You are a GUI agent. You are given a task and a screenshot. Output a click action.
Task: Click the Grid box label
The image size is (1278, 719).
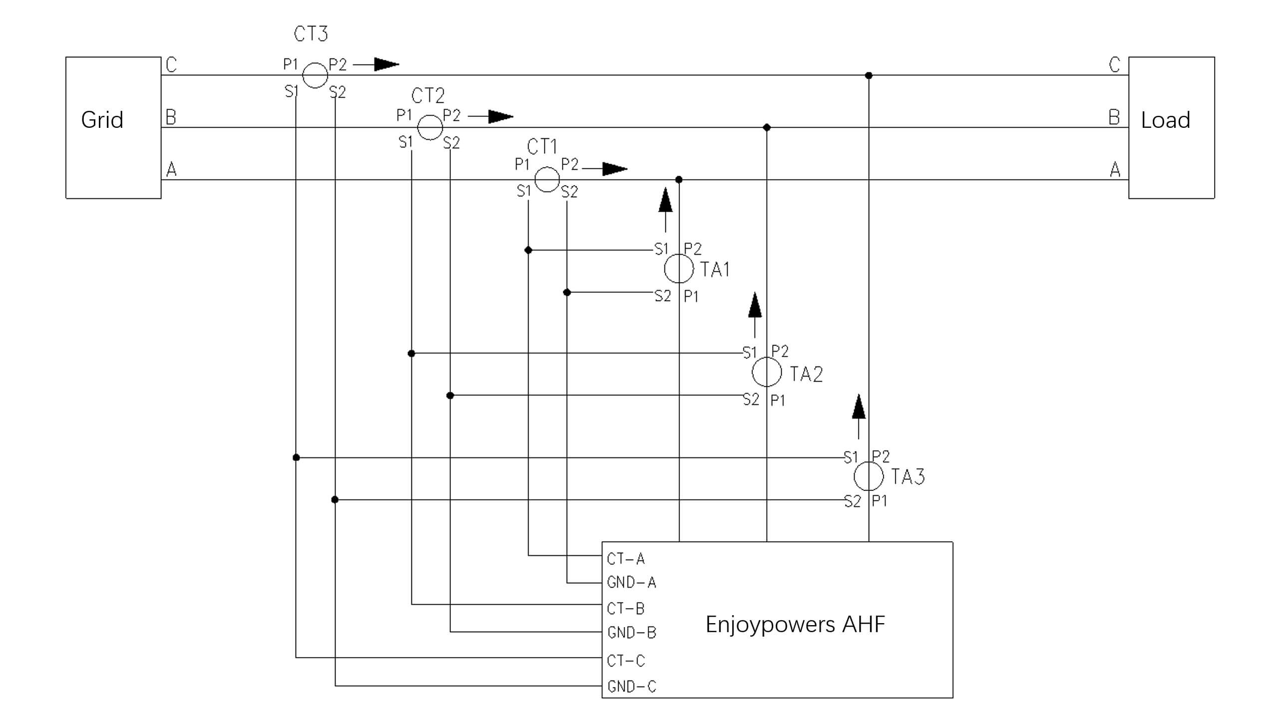pos(102,120)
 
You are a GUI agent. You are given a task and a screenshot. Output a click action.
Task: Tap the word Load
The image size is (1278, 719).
pos(1165,120)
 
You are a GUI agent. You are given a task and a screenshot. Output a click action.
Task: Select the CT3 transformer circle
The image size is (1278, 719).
pos(315,75)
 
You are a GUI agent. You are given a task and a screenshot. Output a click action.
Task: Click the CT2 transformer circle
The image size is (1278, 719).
pos(430,127)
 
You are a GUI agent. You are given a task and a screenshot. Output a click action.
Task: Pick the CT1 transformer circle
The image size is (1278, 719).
pos(547,179)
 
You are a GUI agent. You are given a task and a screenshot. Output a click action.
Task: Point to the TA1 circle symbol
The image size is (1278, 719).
pos(679,269)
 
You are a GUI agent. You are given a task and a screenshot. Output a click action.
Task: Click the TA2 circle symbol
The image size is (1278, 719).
pos(767,372)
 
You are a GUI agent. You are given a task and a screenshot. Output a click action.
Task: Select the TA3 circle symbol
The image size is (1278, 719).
pos(869,476)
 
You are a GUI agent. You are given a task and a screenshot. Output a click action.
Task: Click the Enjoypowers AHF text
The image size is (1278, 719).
pos(795,625)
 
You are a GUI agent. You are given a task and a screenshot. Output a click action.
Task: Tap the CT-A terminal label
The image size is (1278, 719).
pos(626,559)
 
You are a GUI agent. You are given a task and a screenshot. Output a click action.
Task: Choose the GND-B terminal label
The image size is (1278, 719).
pos(632,633)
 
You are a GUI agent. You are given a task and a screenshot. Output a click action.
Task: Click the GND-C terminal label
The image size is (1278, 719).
pos(632,687)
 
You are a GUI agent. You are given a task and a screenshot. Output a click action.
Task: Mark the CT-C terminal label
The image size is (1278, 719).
pos(626,661)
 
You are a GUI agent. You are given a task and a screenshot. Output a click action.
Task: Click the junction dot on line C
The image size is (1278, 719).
pos(869,75)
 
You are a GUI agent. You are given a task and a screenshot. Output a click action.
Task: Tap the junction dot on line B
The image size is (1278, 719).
pos(767,127)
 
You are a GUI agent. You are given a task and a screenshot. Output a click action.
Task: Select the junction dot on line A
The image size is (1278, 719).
pos(678,179)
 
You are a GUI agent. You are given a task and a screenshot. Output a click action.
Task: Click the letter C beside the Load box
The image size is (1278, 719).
pos(1114,64)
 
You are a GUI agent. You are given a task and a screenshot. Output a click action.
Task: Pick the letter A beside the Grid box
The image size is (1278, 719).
pos(171,170)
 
